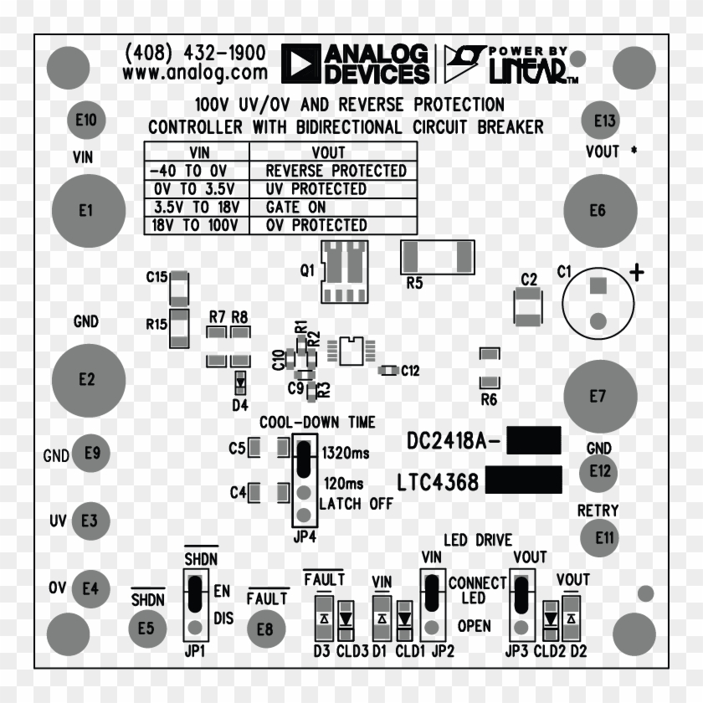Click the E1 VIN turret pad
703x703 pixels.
click(86, 211)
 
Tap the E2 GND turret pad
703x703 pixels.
click(86, 379)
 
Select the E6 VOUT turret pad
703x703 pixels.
click(598, 211)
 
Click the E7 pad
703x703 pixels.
click(598, 397)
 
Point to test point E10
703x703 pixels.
click(86, 120)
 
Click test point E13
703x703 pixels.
click(604, 121)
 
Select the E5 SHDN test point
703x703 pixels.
click(146, 629)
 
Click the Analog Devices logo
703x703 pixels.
click(355, 64)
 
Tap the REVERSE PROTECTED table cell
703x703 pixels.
click(335, 171)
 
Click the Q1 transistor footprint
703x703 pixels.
click(344, 271)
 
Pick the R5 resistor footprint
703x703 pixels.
click(437, 256)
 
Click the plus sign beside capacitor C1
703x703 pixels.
click(638, 272)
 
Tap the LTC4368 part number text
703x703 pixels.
click(438, 482)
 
